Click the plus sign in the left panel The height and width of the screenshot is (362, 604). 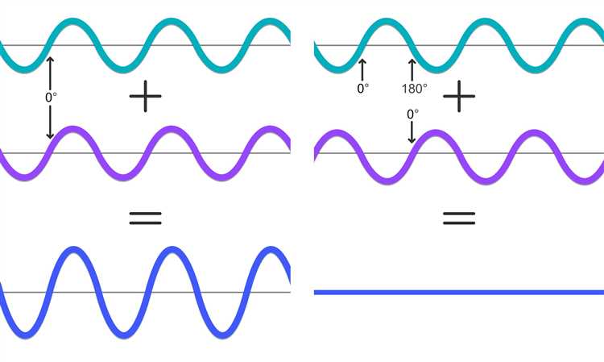pyautogui.click(x=145, y=97)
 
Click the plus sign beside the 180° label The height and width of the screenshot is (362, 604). pyautogui.click(x=459, y=97)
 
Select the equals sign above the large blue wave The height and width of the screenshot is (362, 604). pyautogui.click(x=145, y=218)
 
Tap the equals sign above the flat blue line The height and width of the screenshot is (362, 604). pyautogui.click(x=459, y=218)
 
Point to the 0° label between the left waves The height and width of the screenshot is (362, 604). pyautogui.click(x=51, y=98)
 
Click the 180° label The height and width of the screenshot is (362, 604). pyautogui.click(x=415, y=89)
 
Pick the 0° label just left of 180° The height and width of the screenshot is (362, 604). pyautogui.click(x=363, y=89)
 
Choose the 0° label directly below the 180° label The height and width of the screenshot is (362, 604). pyautogui.click(x=412, y=114)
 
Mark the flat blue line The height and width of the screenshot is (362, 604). pyautogui.click(x=459, y=292)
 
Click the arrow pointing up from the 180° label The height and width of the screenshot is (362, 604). pyautogui.click(x=412, y=70)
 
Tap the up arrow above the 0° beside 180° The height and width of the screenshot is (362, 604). pyautogui.click(x=362, y=70)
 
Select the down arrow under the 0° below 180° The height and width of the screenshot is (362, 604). pyautogui.click(x=412, y=132)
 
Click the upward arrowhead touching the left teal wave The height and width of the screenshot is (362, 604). pyautogui.click(x=50, y=60)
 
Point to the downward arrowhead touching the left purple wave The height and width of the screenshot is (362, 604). pyautogui.click(x=50, y=135)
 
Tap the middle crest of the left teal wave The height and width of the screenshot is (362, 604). pyautogui.click(x=171, y=21)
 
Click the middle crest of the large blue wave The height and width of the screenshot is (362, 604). pyautogui.click(x=172, y=250)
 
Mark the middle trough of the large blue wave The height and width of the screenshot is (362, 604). pyautogui.click(x=124, y=335)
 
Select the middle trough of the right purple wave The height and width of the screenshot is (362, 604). pyautogui.click(x=486, y=181)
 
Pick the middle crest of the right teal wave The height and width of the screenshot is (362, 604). pyautogui.click(x=485, y=21)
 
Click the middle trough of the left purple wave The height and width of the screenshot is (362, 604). pyautogui.click(x=123, y=177)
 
